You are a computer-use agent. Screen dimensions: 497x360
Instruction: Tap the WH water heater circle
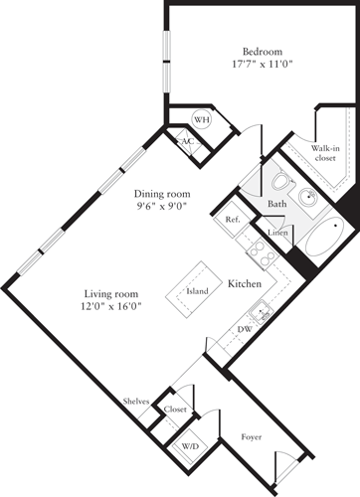coord(202,120)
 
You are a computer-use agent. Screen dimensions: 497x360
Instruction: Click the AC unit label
coord(186,141)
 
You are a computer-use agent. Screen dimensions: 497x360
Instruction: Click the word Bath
coord(277,205)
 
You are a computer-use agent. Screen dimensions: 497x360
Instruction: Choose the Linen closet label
coord(278,233)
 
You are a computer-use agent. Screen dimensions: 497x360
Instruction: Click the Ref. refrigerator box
coord(232,220)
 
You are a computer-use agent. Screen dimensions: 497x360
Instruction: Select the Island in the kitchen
coord(198,292)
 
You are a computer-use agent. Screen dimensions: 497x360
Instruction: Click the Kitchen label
coord(245,283)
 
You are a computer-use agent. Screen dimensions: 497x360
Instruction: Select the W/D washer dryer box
coord(189,446)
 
